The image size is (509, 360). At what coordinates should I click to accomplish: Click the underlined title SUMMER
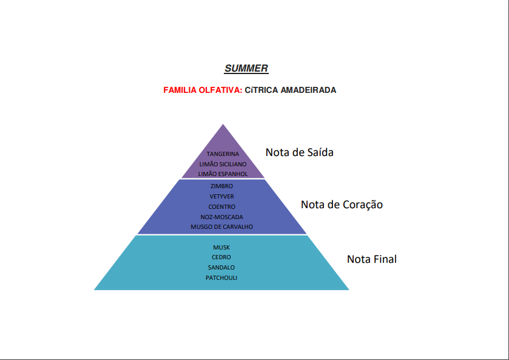pos(246,69)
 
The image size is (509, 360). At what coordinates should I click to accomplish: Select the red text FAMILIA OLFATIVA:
pos(203,90)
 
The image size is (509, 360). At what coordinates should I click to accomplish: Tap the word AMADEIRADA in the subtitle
pos(308,90)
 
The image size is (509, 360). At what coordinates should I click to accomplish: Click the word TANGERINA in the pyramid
pos(223,154)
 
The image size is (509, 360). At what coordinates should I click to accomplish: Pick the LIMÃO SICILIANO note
pos(223,164)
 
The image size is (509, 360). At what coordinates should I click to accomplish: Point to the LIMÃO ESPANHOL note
pos(223,174)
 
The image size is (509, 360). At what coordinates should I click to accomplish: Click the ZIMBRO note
pos(221,186)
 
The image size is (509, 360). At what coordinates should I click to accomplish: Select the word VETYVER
pos(221,197)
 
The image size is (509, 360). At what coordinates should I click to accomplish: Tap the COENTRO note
pos(221,206)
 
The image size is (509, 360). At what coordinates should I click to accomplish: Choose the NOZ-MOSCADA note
pos(221,217)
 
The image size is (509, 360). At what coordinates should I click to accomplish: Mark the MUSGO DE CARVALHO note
pos(221,227)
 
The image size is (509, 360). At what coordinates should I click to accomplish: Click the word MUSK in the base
pos(221,248)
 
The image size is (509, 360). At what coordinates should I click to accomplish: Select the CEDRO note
pos(221,257)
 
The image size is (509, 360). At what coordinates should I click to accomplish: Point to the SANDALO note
pos(221,267)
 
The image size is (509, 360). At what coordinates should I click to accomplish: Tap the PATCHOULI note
pos(221,278)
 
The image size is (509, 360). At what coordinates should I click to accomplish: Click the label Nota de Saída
pos(299,152)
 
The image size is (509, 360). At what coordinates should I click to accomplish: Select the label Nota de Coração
pos(342,205)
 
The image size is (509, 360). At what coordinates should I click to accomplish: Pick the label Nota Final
pos(372,259)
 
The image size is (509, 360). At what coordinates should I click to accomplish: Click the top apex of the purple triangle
pos(223,124)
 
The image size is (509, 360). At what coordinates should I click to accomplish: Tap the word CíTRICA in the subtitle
pos(261,90)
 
